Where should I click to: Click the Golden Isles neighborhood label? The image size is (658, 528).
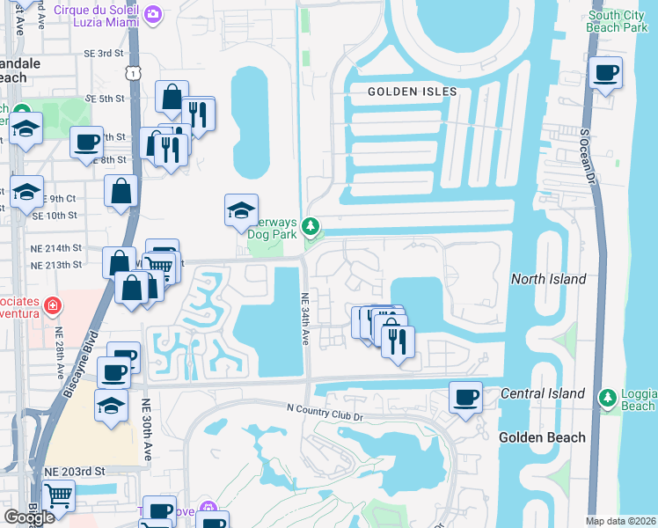coord(412,92)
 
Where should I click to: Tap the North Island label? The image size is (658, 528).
coord(548,279)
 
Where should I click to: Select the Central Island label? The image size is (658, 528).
coord(543,393)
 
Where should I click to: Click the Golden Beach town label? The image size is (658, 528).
coord(536,437)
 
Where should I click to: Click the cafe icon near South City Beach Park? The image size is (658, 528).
coord(604,74)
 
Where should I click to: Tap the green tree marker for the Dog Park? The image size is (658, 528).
coord(310,227)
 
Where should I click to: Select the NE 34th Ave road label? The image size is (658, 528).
coord(305,319)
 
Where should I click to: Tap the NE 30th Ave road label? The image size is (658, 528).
coord(146,430)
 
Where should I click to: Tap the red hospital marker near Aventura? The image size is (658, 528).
coord(52,306)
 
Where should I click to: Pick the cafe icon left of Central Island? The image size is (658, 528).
coord(465,397)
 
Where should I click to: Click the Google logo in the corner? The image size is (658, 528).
coord(29,517)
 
